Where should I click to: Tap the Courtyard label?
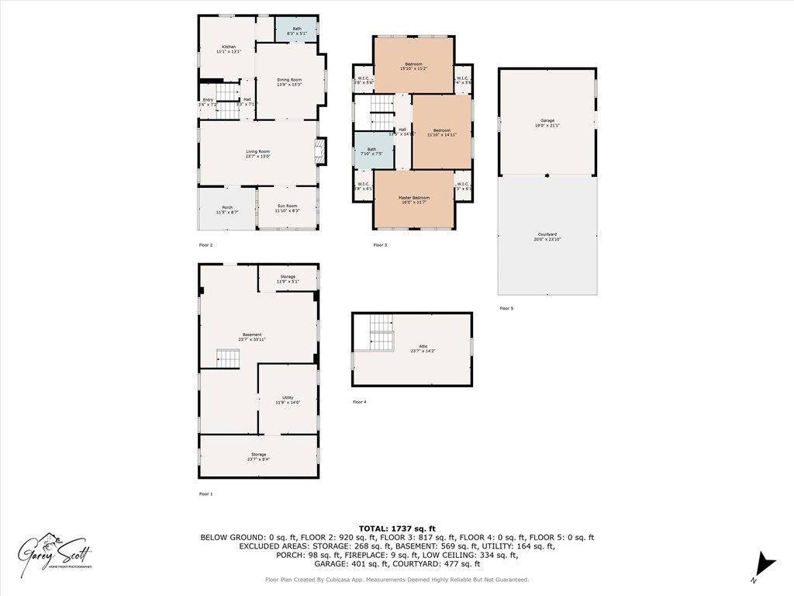547,237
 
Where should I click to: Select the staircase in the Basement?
228,358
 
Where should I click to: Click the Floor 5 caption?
506,308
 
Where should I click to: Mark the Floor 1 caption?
206,494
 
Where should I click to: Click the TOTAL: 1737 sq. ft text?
397,528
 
